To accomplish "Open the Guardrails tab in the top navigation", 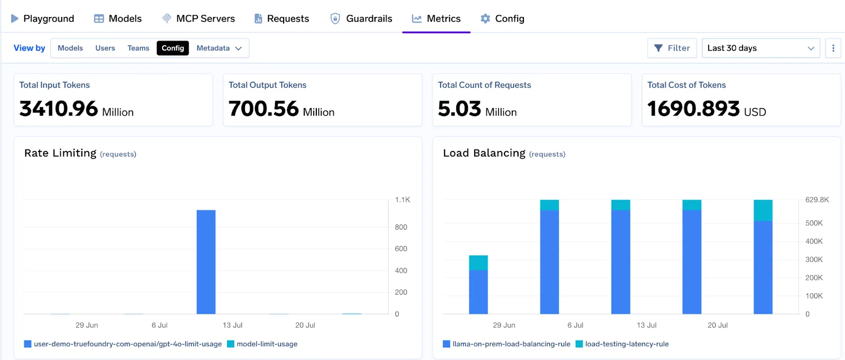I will [x=362, y=18].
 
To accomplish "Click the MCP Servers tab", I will [x=199, y=18].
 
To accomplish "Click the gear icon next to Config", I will [x=485, y=18].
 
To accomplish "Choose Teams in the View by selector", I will [x=138, y=48].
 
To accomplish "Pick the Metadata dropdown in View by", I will [x=219, y=48].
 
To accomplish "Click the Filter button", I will [x=672, y=48].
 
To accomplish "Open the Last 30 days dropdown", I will [x=760, y=48].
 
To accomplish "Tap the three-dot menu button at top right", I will [x=833, y=48].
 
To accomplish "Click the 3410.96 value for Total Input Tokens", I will [x=59, y=109].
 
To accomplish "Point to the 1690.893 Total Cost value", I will [x=693, y=109].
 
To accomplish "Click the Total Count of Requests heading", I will [x=484, y=85].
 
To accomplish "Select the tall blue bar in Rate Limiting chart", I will [x=206, y=262].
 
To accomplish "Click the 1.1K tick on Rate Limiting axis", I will [x=402, y=200].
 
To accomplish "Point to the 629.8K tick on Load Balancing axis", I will [x=816, y=200].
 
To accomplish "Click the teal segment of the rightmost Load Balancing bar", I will [x=763, y=210].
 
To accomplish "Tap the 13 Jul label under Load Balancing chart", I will [x=646, y=325].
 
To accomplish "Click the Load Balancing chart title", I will [x=484, y=153].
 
